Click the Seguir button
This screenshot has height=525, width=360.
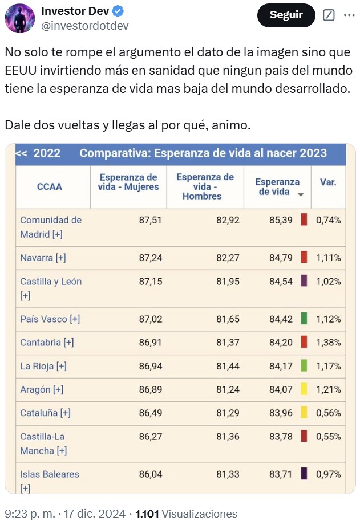point(286,15)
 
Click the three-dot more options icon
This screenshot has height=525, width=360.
point(349,15)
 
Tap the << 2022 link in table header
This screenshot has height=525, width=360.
point(38,153)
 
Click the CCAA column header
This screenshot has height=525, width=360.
point(49,186)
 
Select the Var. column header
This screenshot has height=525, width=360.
point(328,182)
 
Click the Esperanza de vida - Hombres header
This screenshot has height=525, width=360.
point(205,186)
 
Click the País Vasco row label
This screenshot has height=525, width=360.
point(50,319)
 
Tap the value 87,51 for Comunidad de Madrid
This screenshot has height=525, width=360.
point(151,220)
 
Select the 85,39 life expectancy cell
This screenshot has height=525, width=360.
point(281,220)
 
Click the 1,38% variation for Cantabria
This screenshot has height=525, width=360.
point(329,343)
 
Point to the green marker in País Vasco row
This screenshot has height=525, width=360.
point(304,319)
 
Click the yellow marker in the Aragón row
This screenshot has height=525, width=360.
point(304,389)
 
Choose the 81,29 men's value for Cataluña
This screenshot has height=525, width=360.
point(226,413)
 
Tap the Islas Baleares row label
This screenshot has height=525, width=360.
point(49,474)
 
